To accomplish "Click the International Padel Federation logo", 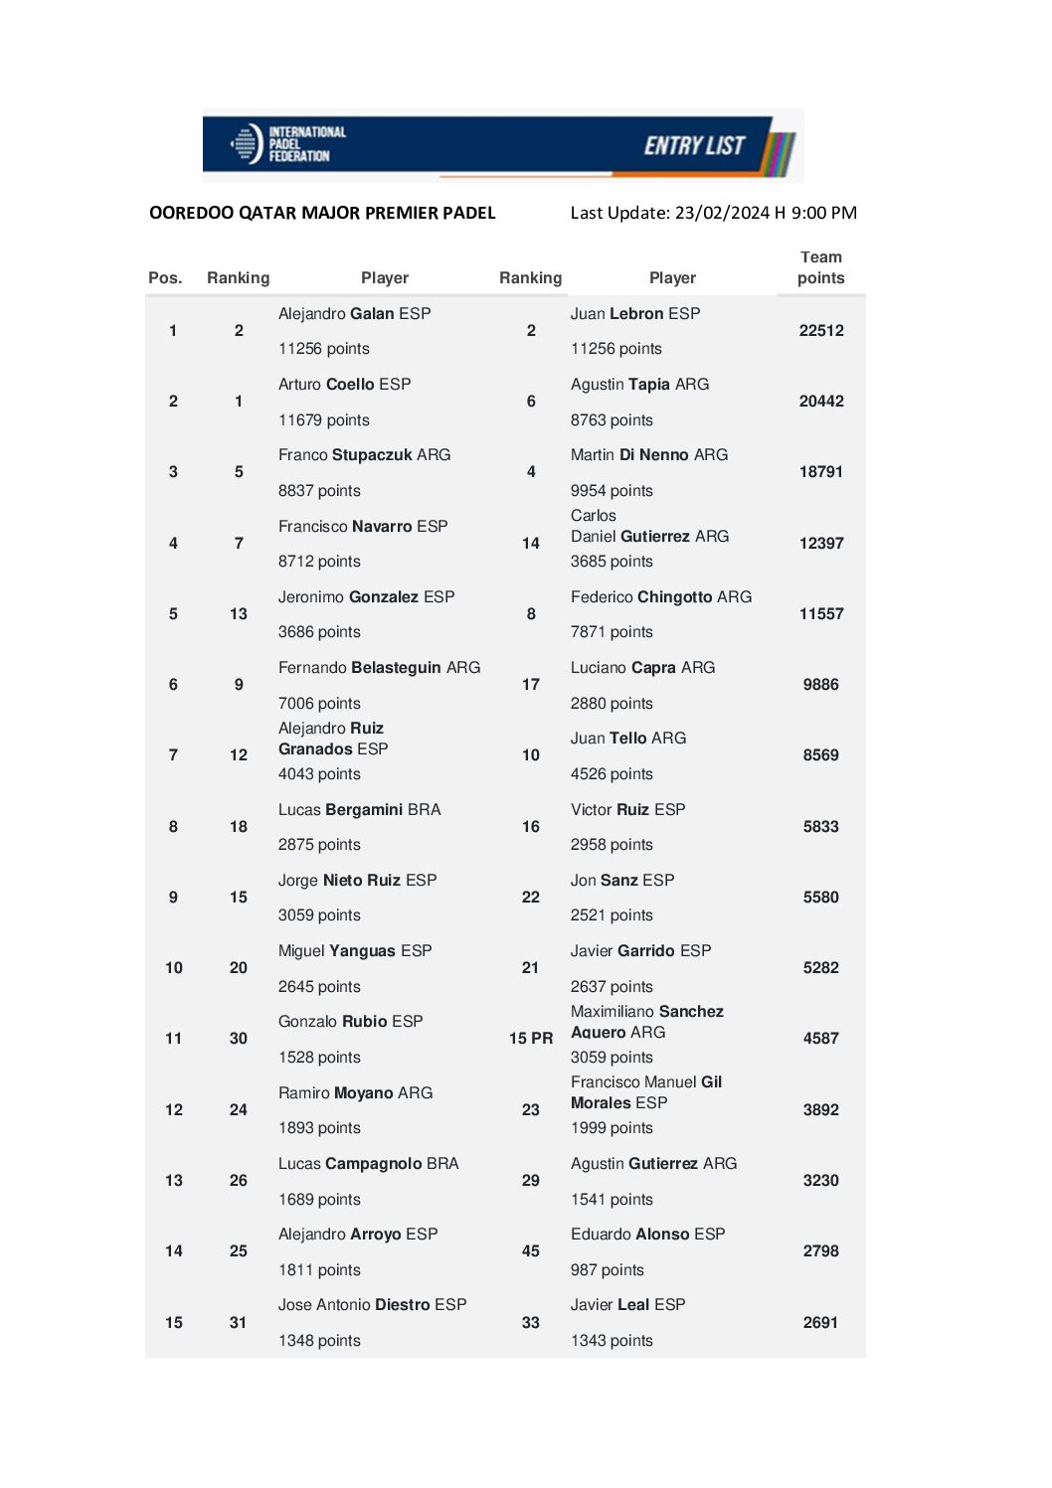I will point(287,144).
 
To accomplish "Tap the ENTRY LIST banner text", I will point(693,146).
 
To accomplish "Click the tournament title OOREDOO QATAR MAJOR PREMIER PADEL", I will point(322,213).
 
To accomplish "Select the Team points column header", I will point(820,267).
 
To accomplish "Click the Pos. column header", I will point(165,278).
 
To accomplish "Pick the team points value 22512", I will point(820,331).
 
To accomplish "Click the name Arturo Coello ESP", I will point(344,385).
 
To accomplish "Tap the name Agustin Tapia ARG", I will point(639,385).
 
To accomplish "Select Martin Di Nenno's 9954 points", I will point(612,491).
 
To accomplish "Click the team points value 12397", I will point(820,544).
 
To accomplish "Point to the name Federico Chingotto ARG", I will point(660,597).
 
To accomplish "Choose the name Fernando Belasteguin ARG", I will point(379,668).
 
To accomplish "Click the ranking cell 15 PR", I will point(531,1039).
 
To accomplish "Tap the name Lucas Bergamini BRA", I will point(359,810).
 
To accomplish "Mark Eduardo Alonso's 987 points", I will point(607,1270).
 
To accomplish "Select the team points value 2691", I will point(820,1323).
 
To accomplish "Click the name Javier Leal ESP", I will point(627,1305).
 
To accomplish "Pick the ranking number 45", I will point(531,1251).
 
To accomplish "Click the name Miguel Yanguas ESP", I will point(355,951).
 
